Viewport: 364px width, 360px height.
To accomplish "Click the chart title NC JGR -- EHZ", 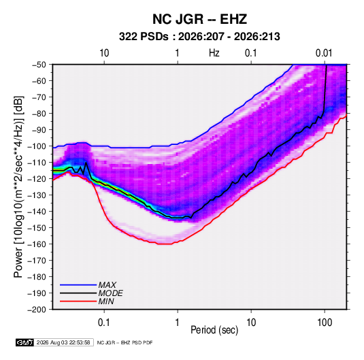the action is [199, 19].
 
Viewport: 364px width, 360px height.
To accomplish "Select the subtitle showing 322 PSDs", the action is [199, 37].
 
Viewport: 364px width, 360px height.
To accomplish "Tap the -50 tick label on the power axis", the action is [39, 65].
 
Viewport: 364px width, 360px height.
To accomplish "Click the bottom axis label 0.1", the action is [104, 323].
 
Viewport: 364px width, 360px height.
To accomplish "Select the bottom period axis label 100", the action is [325, 323].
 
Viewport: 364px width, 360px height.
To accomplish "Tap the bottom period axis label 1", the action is [178, 323].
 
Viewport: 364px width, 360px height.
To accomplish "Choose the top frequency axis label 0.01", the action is [324, 53].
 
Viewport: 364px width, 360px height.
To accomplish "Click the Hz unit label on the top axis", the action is [214, 53].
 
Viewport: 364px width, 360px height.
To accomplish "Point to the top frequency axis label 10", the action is [104, 53].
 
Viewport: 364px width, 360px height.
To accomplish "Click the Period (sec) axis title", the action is [214, 330].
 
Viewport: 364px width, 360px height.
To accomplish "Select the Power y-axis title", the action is [18, 187].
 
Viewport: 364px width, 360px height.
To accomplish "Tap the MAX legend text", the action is [107, 285].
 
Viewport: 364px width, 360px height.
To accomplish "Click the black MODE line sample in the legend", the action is [78, 293].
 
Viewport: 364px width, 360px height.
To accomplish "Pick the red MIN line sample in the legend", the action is [78, 301].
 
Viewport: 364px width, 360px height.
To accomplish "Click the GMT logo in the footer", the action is [25, 342].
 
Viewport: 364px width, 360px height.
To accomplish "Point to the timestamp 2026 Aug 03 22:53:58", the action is [63, 342].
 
